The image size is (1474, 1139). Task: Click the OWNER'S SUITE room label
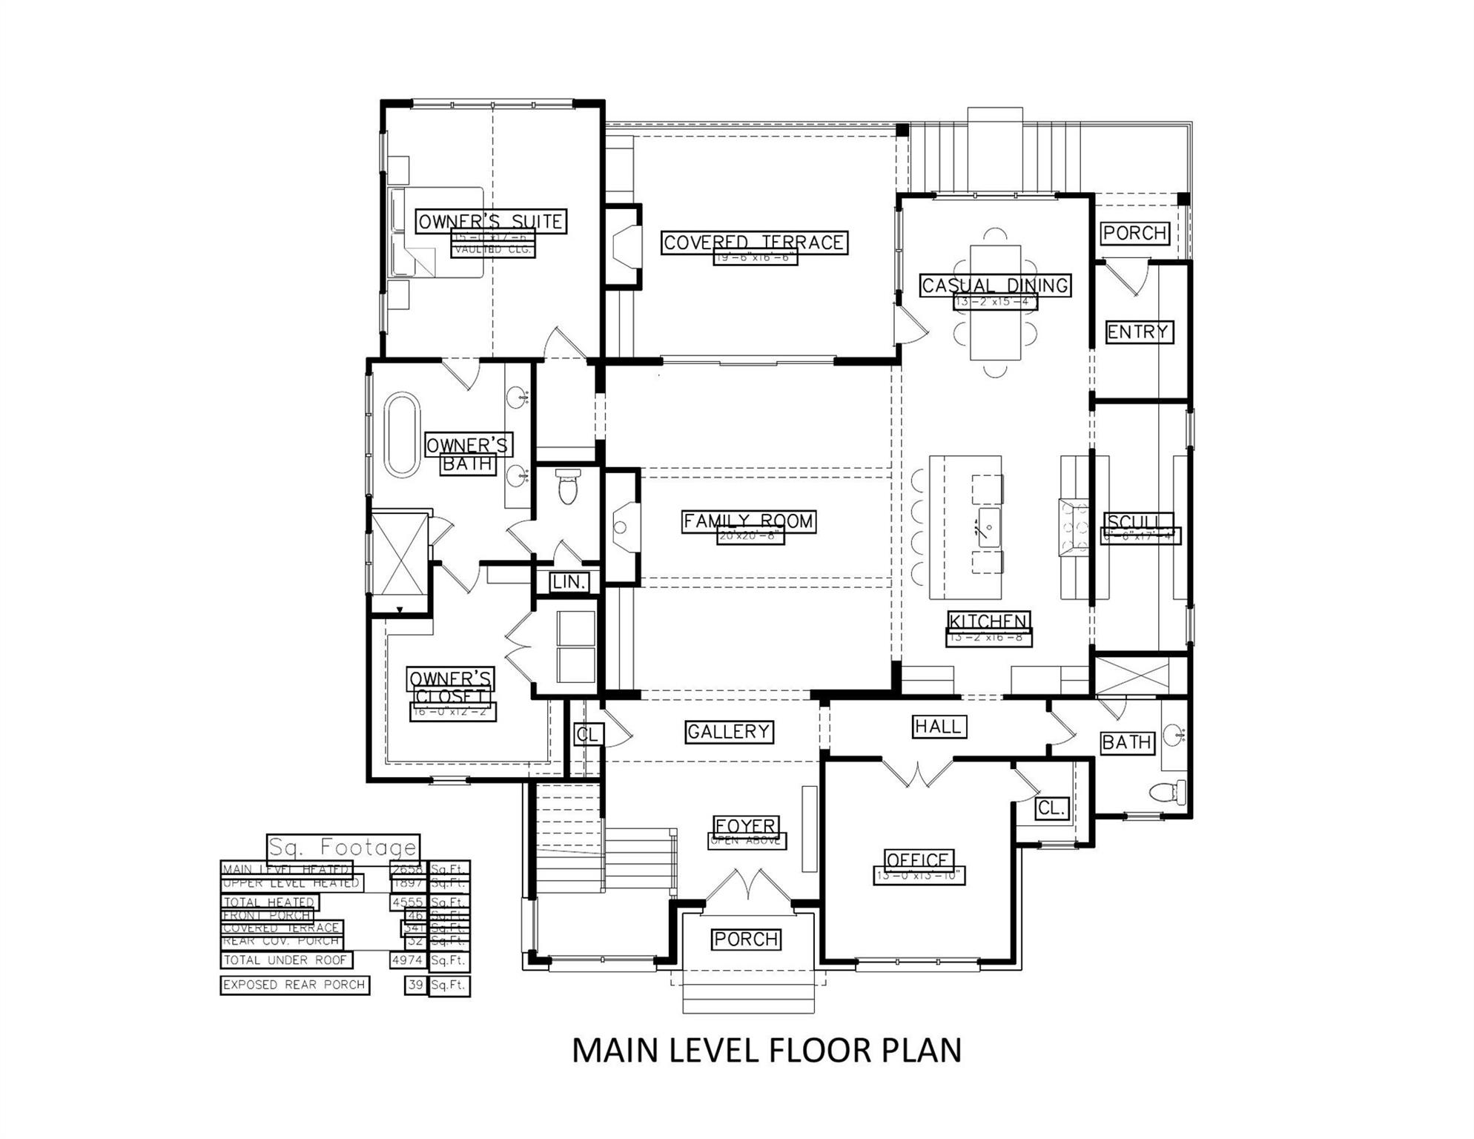491,221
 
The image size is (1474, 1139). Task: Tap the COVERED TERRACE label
753,242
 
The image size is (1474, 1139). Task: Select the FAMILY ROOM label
749,521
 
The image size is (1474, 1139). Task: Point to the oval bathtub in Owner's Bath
402,435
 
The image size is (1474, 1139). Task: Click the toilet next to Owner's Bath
568,486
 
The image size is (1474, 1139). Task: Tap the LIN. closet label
569,582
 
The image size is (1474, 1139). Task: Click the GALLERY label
729,732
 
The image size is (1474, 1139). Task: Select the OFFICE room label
919,860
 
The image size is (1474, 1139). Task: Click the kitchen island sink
988,527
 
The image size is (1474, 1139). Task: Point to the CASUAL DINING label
995,285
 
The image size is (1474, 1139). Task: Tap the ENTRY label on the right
1137,331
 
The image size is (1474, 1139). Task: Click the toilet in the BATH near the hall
1167,792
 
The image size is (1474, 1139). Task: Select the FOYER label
746,825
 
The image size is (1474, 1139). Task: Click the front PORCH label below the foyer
746,940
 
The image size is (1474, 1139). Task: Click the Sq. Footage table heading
343,847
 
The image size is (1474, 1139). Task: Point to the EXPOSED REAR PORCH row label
294,985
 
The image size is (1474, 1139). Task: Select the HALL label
939,727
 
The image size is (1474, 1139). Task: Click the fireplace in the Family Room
622,526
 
